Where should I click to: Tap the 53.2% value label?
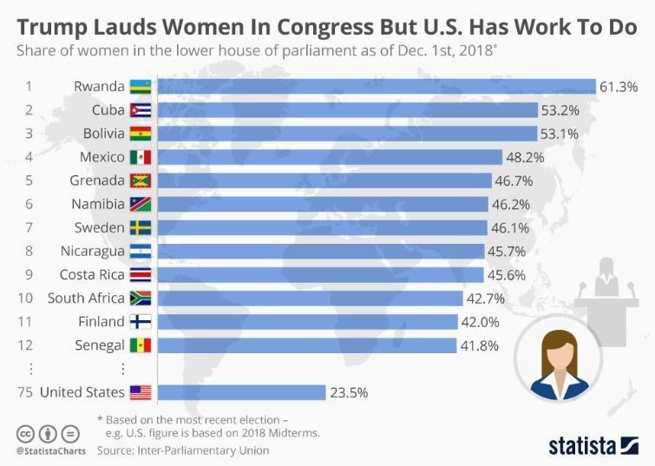[x=560, y=110]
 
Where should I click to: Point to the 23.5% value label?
[x=349, y=392]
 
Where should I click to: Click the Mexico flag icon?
[x=140, y=157]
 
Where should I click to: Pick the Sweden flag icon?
[x=140, y=227]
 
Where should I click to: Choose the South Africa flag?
[x=140, y=299]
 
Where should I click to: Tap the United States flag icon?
[x=140, y=392]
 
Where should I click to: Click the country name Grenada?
[x=97, y=180]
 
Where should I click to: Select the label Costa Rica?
[x=92, y=274]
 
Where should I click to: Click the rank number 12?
[x=29, y=345]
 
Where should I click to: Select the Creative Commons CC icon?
[x=24, y=433]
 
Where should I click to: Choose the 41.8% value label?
[x=480, y=345]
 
